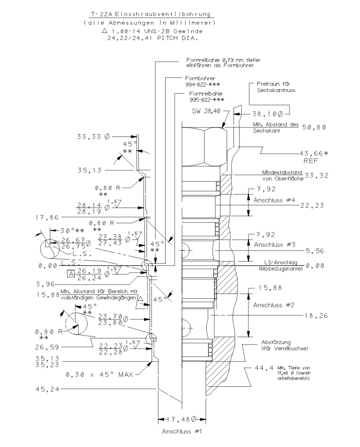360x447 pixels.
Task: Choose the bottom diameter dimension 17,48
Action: (x=182, y=418)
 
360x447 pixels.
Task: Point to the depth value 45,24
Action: (x=45, y=389)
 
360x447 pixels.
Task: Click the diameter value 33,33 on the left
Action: (x=93, y=137)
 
